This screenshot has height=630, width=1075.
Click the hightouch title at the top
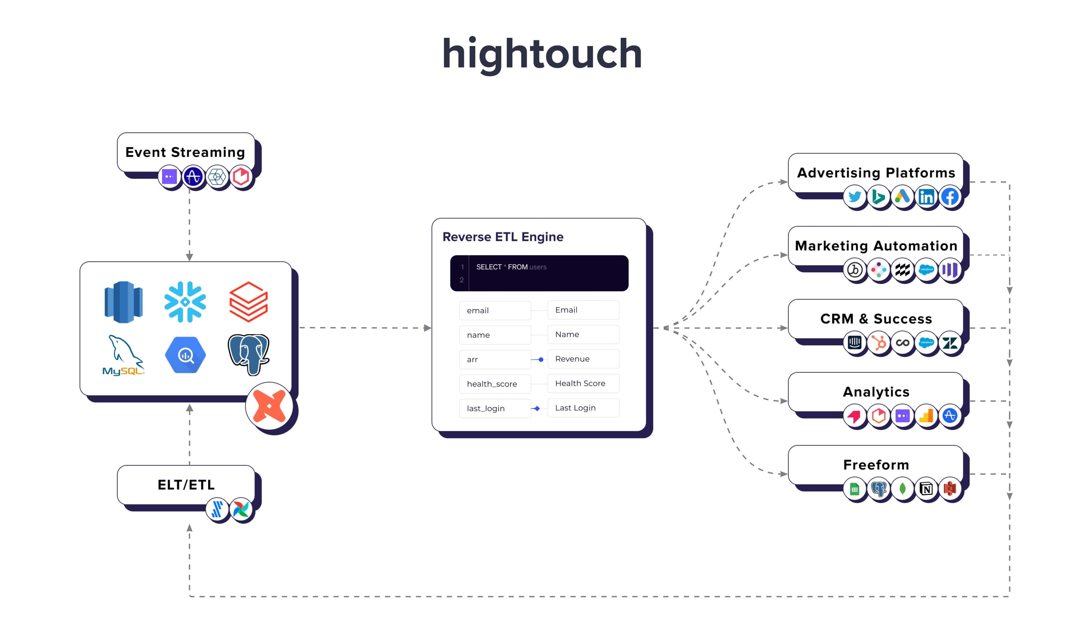542,54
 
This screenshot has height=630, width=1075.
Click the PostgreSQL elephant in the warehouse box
249,354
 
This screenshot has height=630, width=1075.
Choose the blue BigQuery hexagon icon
185,355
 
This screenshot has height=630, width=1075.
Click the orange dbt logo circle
269,406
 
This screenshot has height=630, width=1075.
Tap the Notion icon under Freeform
926,489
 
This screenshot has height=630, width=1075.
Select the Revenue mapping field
583,359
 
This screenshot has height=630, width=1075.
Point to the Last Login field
583,408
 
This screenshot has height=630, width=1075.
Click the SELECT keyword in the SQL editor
489,267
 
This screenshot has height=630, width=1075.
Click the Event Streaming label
185,152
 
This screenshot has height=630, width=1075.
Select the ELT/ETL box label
186,485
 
